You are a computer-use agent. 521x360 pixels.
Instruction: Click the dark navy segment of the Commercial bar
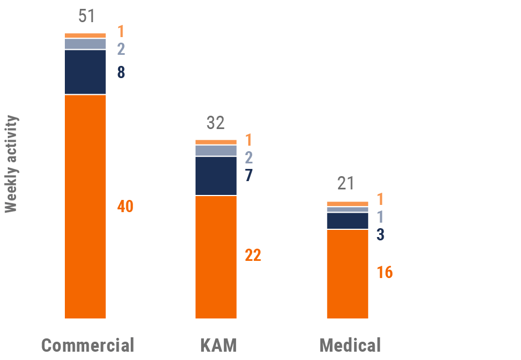coord(85,72)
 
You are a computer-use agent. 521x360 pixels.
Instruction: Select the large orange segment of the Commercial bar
coord(85,206)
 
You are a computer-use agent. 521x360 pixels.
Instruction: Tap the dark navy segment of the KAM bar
coord(216,176)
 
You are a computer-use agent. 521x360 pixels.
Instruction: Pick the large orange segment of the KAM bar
coord(216,257)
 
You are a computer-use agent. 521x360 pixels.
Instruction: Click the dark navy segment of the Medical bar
coord(348,220)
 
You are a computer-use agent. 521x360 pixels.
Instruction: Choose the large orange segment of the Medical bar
coord(348,274)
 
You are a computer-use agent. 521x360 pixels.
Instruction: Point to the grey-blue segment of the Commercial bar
coord(85,44)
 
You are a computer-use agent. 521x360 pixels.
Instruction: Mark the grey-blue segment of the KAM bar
coord(216,151)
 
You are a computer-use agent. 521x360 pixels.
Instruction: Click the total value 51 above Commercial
coord(86,16)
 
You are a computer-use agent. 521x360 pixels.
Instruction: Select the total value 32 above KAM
coord(216,123)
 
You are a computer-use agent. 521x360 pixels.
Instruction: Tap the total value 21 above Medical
coord(346,183)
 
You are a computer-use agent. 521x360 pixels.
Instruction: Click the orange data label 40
coord(125,207)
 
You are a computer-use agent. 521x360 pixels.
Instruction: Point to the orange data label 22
coord(253,256)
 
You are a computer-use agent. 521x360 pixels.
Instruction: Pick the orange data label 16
coord(385,272)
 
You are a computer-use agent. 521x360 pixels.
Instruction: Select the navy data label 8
coord(121,73)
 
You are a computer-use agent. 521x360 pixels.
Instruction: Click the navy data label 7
coord(249,176)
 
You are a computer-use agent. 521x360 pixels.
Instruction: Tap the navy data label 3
coord(380,235)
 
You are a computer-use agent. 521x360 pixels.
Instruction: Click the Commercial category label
coord(88,346)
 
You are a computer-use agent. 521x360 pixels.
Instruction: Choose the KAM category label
coord(218,346)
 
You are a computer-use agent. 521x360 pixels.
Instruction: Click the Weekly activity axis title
coord(11,164)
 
